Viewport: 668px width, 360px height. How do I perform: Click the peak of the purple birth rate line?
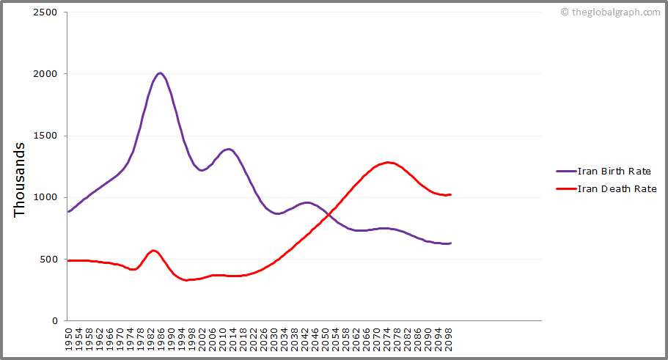click(x=160, y=73)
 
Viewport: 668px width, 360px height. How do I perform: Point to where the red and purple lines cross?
click(x=328, y=215)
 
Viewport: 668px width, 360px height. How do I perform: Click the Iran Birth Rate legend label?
click(x=614, y=172)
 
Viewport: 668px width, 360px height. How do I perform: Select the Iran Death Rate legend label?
click(x=617, y=188)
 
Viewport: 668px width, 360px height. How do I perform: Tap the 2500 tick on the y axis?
click(x=45, y=12)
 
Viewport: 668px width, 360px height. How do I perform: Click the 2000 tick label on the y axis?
click(x=45, y=74)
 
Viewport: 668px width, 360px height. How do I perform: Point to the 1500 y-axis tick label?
click(x=45, y=136)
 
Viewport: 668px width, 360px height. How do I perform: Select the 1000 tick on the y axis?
click(x=45, y=197)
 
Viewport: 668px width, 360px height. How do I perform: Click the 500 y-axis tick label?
click(x=48, y=259)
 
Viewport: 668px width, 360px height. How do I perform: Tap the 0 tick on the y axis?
click(x=55, y=320)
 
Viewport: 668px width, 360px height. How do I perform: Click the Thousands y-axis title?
click(x=20, y=180)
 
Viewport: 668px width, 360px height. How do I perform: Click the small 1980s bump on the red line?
click(x=153, y=251)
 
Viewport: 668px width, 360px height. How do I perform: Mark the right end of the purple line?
click(x=450, y=243)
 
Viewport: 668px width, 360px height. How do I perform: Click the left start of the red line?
click(x=68, y=260)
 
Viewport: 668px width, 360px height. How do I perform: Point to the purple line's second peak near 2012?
click(x=229, y=149)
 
